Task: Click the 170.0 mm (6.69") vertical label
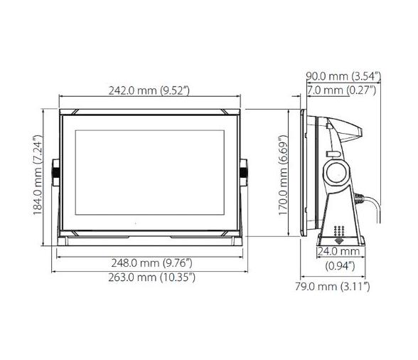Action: [x=284, y=175]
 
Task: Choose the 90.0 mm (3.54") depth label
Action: [x=342, y=76]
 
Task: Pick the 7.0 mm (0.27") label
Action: [x=342, y=90]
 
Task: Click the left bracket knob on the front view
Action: [x=56, y=171]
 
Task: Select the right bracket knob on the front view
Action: [x=245, y=171]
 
